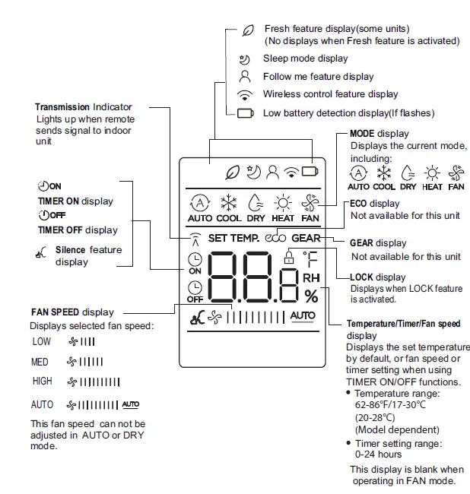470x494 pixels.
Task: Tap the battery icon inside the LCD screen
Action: (309, 172)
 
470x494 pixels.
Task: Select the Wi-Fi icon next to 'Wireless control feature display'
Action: (245, 95)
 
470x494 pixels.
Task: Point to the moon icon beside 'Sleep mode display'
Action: (245, 59)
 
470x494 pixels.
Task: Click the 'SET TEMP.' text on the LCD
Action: (233, 238)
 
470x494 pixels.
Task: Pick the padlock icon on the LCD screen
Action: (287, 257)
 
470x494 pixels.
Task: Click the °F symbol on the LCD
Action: (310, 258)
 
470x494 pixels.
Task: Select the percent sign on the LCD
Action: (311, 296)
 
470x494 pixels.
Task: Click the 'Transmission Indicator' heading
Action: (83, 107)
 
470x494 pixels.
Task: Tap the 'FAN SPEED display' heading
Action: (72, 312)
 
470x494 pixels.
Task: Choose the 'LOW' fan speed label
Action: (42, 342)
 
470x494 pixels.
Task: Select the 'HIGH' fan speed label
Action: (43, 381)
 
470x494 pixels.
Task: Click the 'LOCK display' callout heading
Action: (378, 277)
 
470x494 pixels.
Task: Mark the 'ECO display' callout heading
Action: (374, 204)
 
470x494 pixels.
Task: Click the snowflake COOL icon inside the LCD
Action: (229, 203)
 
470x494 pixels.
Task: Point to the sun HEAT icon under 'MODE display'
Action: (432, 173)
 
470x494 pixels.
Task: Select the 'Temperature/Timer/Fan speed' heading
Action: (403, 324)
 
